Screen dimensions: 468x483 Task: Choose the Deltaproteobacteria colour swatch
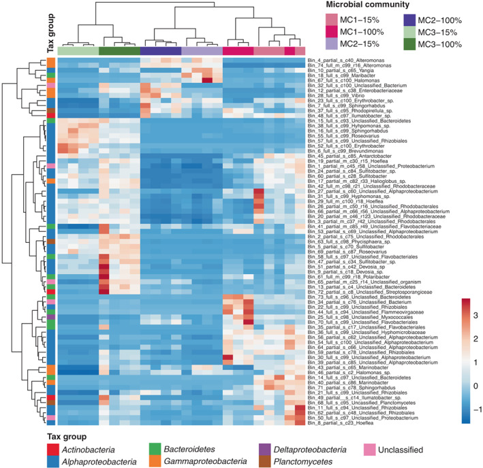coord(268,449)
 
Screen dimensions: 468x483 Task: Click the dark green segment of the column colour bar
coord(119,51)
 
